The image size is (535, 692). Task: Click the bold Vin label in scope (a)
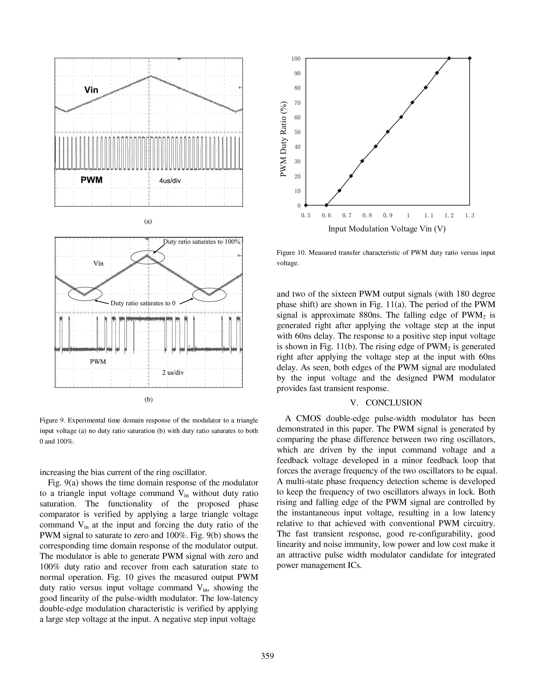pos(91,90)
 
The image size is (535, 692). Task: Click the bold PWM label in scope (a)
pos(92,180)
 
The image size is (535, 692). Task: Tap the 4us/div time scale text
pos(170,181)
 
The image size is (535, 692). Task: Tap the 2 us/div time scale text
pos(173,373)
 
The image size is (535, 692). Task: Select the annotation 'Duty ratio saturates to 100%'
pos(202,242)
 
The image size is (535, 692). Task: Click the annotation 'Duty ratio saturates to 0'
pos(143,303)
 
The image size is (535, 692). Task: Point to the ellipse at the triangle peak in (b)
pos(148,257)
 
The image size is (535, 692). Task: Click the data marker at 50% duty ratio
pos(388,132)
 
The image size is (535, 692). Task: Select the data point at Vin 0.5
pos(306,205)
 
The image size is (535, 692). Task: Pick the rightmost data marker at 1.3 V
pos(470,58)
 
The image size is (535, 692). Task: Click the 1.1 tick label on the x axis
pos(428,215)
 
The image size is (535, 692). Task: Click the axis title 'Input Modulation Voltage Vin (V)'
pos(387,229)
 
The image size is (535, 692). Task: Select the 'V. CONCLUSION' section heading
pos(386,403)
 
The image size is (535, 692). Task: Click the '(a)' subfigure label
pos(148,221)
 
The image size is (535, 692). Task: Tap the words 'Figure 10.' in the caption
pos(291,253)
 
